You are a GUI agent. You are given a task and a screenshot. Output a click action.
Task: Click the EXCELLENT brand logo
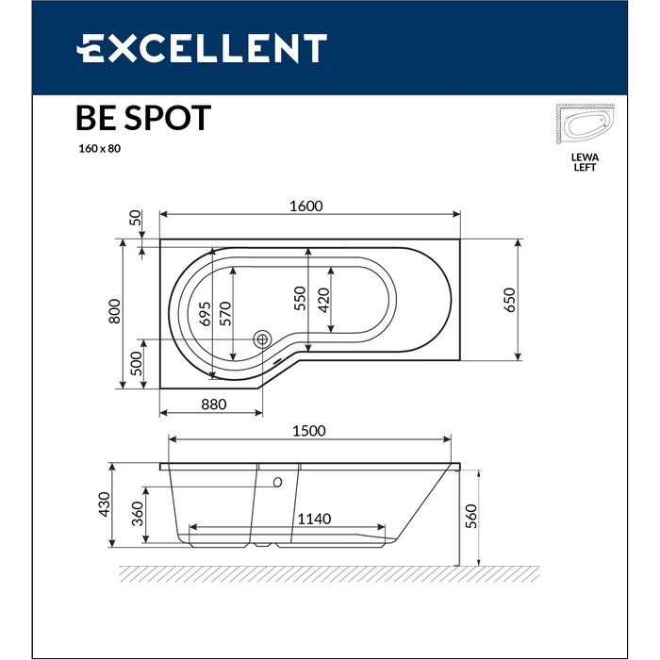pyautogui.click(x=201, y=48)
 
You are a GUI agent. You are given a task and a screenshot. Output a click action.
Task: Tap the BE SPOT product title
pyautogui.click(x=143, y=119)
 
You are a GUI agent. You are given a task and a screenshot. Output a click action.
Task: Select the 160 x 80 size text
pyautogui.click(x=99, y=149)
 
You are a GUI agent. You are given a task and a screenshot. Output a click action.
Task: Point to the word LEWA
pyautogui.click(x=586, y=157)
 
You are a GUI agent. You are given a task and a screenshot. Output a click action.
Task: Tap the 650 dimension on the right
pyautogui.click(x=509, y=299)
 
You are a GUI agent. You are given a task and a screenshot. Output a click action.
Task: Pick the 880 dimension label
pyautogui.click(x=214, y=404)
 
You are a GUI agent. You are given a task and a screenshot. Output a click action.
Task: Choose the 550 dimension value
pyautogui.click(x=300, y=298)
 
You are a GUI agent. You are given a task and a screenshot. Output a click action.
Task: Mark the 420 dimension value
pyautogui.click(x=323, y=298)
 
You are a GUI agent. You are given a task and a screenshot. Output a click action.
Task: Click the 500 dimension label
pyautogui.click(x=136, y=362)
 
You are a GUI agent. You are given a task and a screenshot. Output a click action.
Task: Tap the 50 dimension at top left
pyautogui.click(x=136, y=220)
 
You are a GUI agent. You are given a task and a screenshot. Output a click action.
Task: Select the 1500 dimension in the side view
pyautogui.click(x=308, y=431)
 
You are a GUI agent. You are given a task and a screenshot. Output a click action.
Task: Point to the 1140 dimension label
pyautogui.click(x=315, y=520)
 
